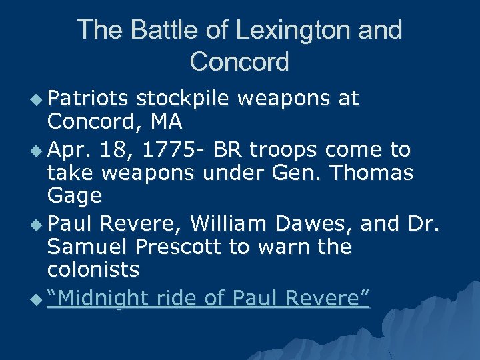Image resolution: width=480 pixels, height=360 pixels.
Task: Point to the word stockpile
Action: click(x=183, y=99)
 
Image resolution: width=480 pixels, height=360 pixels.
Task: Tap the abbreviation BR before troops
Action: click(x=228, y=150)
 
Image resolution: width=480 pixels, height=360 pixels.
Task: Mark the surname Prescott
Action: click(x=181, y=247)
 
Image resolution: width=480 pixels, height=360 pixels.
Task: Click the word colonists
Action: click(x=93, y=270)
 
